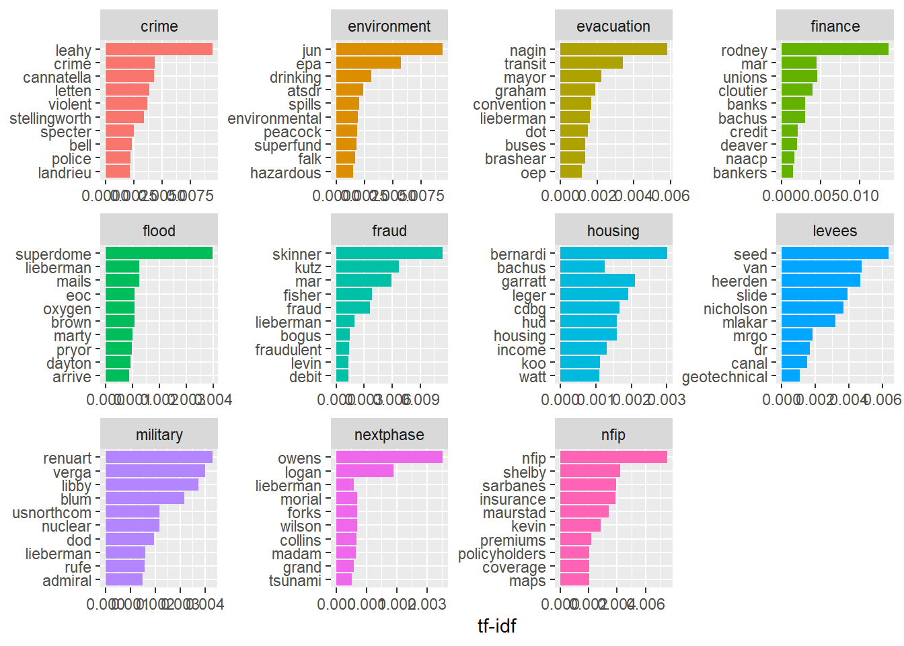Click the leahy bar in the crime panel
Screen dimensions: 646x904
pos(159,49)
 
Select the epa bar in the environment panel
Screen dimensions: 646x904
pos(368,63)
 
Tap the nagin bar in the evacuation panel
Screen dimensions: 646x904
pos(613,49)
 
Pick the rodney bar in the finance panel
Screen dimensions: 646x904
pos(835,49)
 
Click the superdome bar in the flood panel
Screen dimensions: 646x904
pos(159,253)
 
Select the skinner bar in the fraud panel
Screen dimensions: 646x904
pos(389,253)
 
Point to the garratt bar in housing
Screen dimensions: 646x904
pos(597,281)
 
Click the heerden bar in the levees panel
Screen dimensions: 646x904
pos(821,281)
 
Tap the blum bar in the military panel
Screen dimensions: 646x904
pos(145,498)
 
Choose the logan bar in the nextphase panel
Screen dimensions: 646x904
pos(365,471)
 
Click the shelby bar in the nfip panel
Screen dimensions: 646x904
pos(590,471)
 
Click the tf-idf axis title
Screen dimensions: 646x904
pos(496,626)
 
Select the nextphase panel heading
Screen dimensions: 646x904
pos(389,435)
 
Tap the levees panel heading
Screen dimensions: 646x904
pos(835,231)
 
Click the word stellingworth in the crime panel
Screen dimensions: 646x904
pos(50,118)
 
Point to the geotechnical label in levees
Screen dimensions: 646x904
pos(724,377)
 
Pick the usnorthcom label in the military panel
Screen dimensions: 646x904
pos(52,513)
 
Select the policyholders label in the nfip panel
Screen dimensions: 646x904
pos(502,554)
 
